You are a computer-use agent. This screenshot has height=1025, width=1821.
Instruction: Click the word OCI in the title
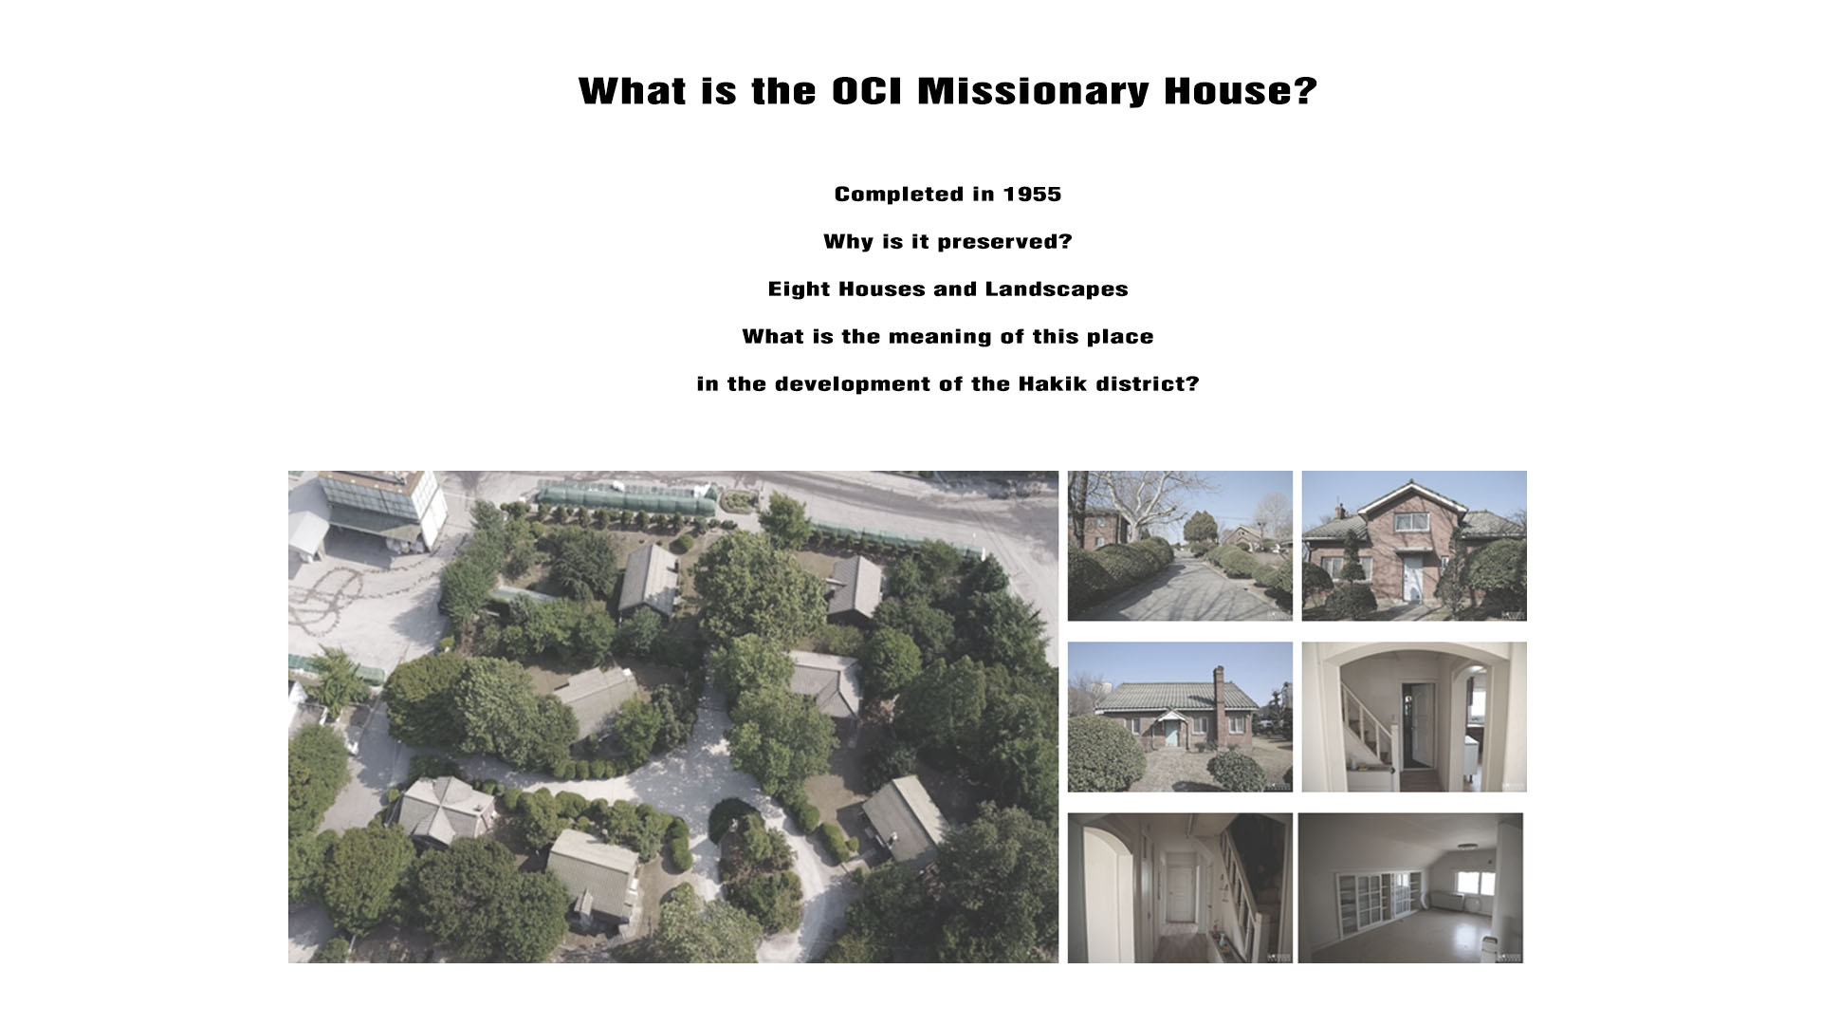pos(867,91)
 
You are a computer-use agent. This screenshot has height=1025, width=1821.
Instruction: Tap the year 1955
pos(1032,195)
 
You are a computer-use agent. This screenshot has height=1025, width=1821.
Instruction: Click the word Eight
pos(797,290)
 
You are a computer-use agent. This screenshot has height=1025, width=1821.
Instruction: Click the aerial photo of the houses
pos(673,717)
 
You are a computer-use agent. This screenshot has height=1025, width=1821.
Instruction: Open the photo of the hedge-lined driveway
pos(1180,546)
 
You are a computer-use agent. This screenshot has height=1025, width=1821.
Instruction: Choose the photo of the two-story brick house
pos(1414,546)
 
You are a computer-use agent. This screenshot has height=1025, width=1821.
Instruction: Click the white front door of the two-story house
pos(1412,577)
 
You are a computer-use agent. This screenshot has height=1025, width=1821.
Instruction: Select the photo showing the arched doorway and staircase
pos(1414,717)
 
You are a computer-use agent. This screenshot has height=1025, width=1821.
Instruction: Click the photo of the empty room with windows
pos(1410,887)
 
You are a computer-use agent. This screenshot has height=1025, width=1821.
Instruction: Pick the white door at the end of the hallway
pos(1178,889)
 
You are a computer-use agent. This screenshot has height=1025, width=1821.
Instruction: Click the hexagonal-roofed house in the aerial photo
pos(443,810)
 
